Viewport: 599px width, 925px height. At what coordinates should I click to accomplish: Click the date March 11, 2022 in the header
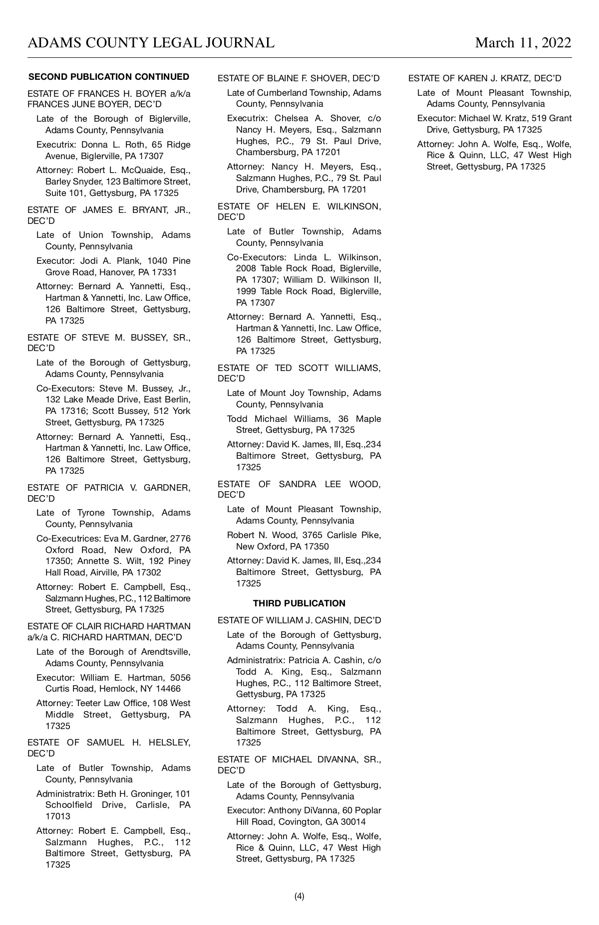(x=523, y=43)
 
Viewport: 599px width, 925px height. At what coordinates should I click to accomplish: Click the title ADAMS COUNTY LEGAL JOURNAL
(x=151, y=43)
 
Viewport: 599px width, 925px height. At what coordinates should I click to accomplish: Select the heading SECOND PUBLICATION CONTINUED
(x=109, y=77)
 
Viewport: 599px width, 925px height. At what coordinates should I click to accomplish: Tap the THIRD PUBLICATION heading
(x=299, y=603)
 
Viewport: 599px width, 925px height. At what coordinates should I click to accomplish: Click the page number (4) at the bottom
(x=299, y=896)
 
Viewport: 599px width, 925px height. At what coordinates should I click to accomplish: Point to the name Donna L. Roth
(x=105, y=145)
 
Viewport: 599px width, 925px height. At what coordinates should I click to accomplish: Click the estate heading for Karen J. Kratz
(x=485, y=78)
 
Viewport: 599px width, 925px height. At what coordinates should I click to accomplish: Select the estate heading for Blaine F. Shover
(x=299, y=78)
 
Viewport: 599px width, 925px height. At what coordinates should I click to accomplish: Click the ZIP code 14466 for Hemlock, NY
(x=168, y=689)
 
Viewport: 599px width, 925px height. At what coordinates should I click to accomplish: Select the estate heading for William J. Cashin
(x=299, y=620)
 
